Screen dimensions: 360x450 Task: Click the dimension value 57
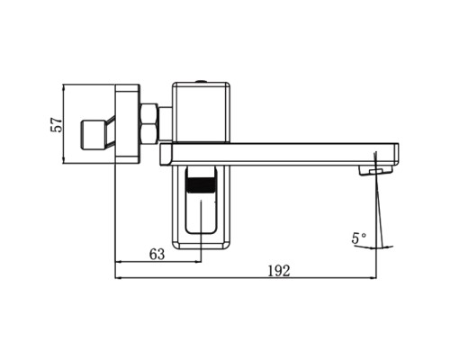pos(56,125)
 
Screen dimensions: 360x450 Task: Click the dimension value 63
pos(157,255)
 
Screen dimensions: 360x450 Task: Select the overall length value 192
pos(280,272)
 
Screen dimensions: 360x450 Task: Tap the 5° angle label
pos(359,238)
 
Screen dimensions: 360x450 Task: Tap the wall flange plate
pos(129,125)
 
